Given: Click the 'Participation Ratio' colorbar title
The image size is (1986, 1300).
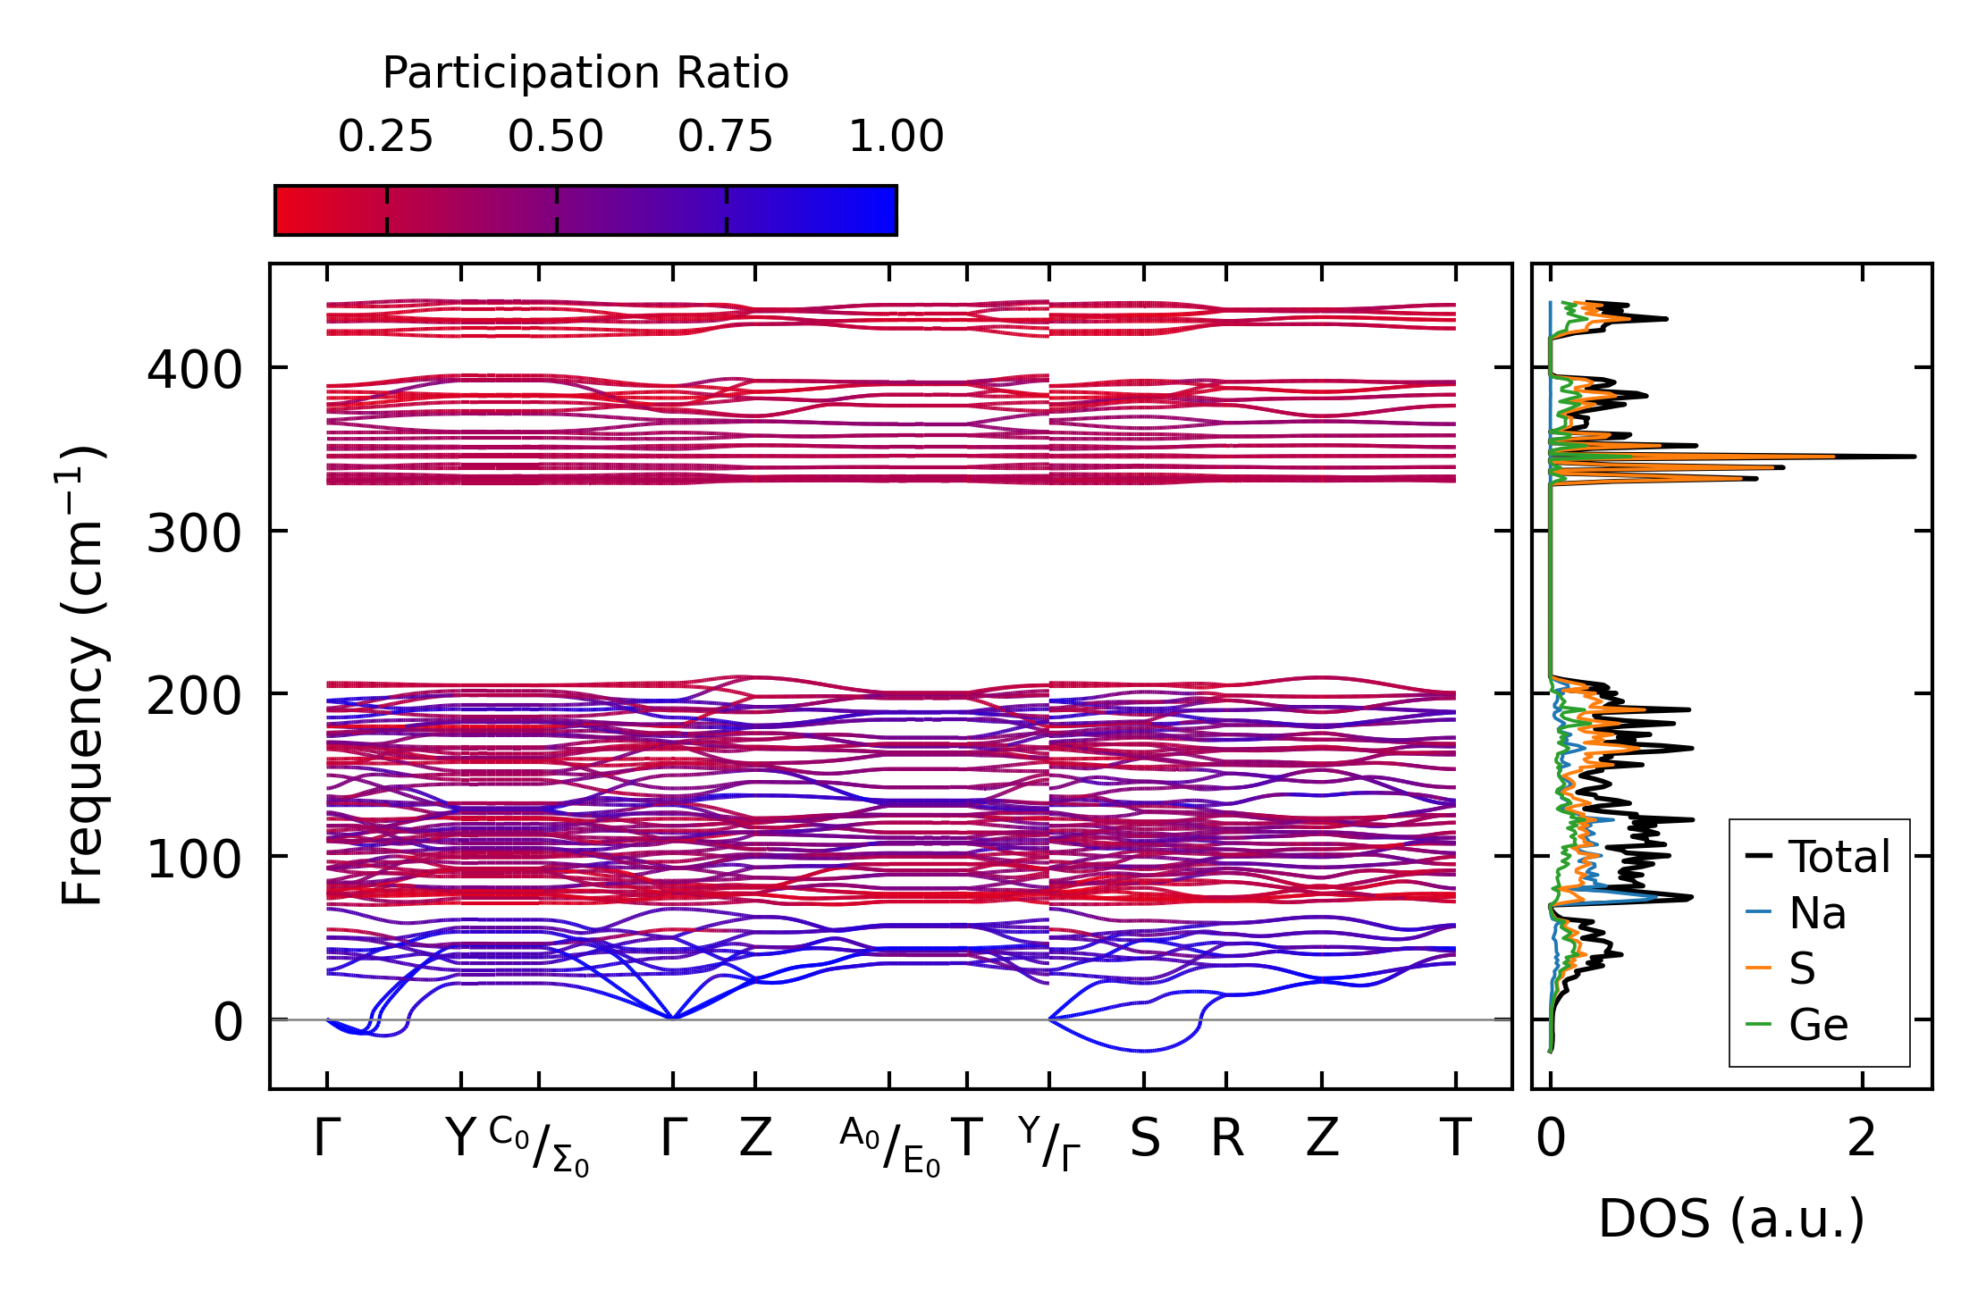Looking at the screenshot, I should [x=585, y=73].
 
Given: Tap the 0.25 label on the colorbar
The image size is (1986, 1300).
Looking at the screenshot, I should [x=385, y=137].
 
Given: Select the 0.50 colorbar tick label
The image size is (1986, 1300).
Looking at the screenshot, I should [x=555, y=137].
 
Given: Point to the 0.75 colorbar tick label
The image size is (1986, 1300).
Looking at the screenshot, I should [x=725, y=137].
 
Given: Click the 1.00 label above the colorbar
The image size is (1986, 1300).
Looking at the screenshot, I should [x=896, y=137].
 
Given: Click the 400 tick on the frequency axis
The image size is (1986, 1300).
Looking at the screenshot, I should [x=194, y=369].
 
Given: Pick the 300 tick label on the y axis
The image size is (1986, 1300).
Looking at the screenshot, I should [x=194, y=533].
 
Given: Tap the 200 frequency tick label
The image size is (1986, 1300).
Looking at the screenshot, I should [x=194, y=696].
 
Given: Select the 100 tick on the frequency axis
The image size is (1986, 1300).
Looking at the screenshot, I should [x=194, y=859].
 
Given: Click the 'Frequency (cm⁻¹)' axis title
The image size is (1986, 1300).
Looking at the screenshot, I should [x=82, y=675].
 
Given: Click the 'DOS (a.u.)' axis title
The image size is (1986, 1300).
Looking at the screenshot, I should [x=1731, y=1219].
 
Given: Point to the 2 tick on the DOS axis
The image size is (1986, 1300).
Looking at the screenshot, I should [x=1862, y=1138].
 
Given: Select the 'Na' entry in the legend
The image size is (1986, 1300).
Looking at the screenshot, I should [x=1817, y=913].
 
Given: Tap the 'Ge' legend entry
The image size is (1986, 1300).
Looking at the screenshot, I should [x=1818, y=1024].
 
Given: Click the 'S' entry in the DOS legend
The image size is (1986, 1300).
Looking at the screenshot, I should [x=1802, y=969].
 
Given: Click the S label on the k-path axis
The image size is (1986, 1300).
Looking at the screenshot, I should [x=1144, y=1138].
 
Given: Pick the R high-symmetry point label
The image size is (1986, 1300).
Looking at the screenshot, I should [x=1226, y=1138].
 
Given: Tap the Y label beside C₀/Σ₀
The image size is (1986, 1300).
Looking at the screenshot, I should [x=460, y=1138].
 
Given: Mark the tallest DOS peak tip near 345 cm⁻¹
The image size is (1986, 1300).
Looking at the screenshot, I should [x=1914, y=457].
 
